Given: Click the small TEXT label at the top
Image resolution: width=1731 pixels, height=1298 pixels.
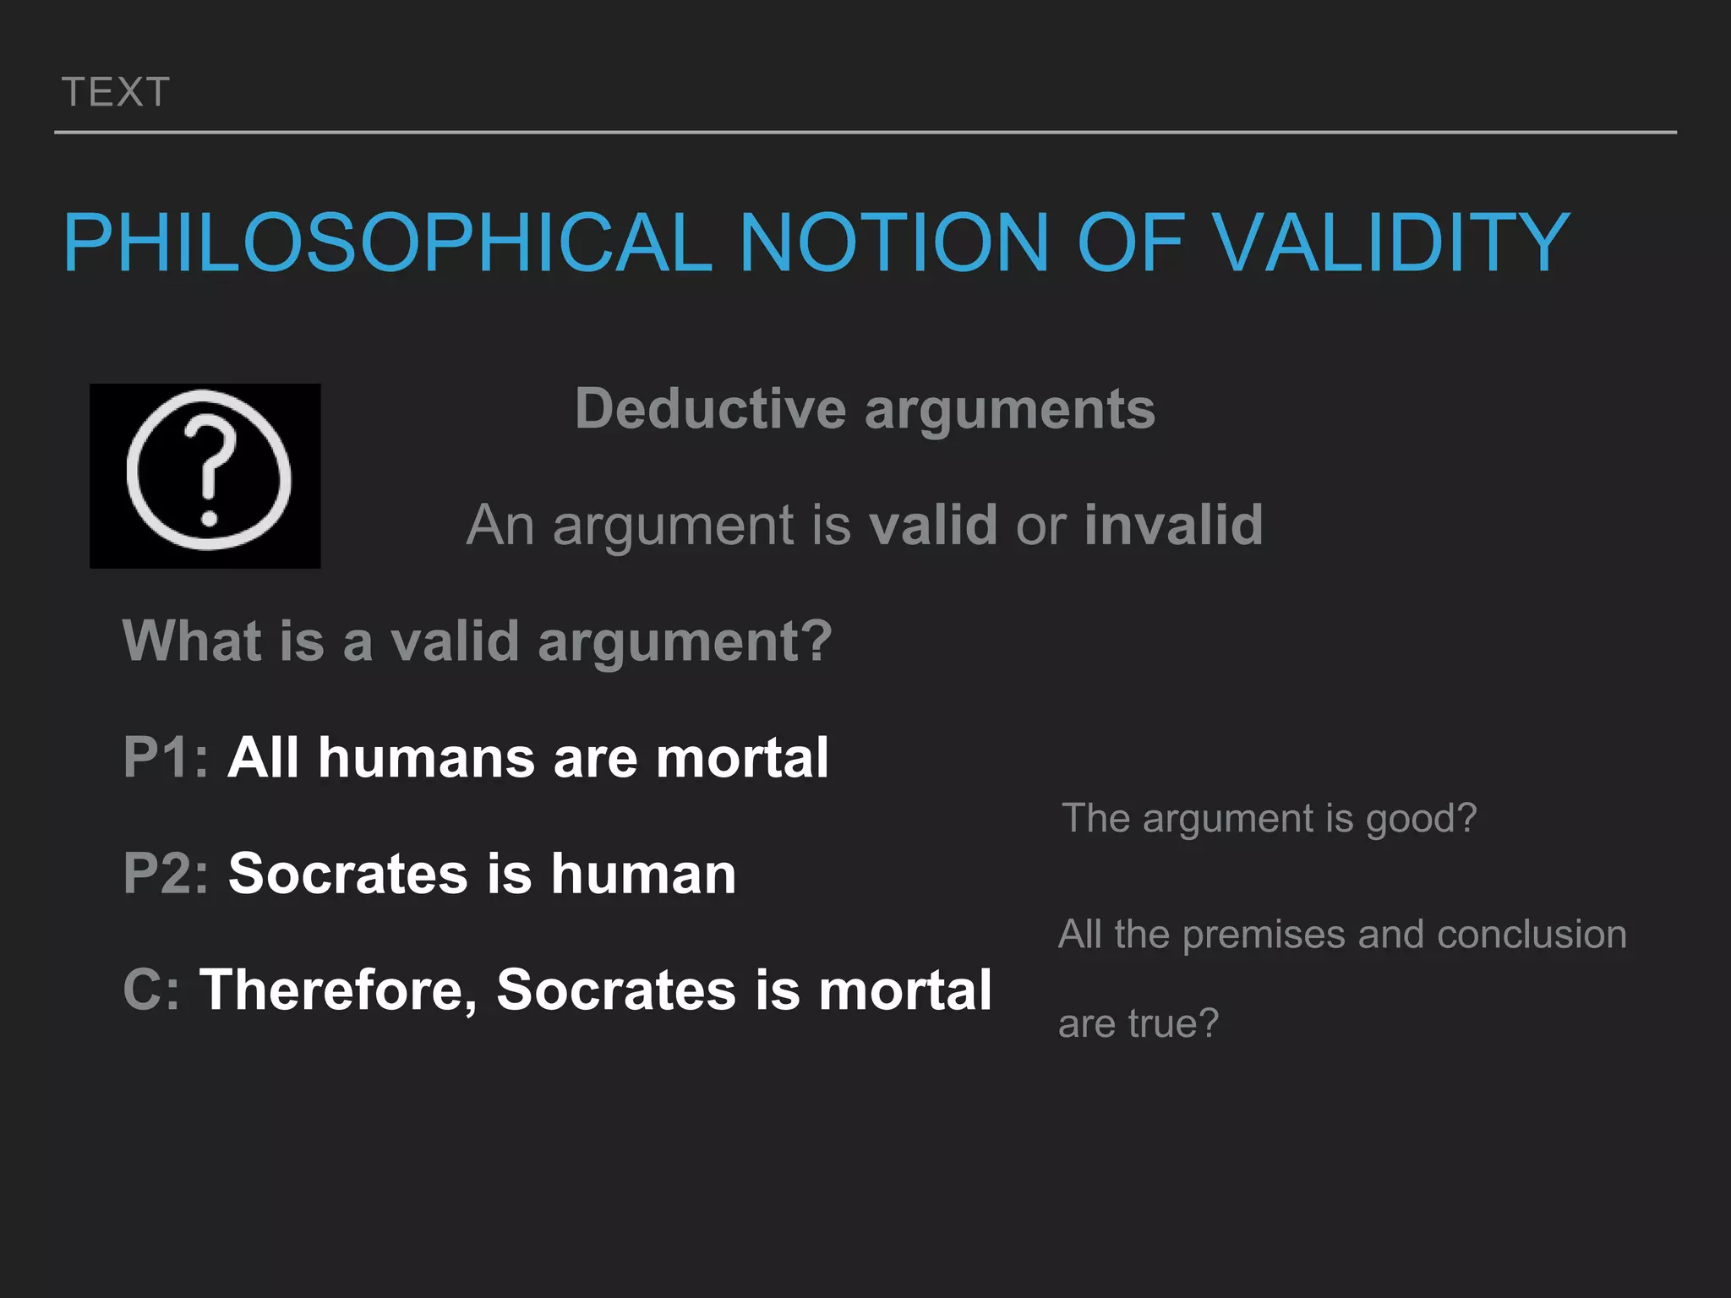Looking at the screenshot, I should point(116,92).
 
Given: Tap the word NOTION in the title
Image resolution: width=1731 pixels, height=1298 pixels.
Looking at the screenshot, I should point(894,243).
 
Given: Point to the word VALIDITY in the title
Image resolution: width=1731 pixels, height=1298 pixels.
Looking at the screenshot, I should point(1391,243).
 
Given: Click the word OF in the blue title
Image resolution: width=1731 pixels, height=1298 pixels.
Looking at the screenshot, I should point(1129,243).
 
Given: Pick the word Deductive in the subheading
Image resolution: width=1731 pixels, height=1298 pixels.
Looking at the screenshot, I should point(710,410).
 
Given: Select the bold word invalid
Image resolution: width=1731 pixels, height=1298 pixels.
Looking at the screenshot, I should point(1173,526).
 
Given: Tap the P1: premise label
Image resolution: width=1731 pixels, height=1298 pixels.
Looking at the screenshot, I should point(166,757).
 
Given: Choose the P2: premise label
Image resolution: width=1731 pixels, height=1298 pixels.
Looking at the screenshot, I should point(166,874).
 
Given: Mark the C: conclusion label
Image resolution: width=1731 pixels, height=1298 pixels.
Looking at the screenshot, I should point(151,990).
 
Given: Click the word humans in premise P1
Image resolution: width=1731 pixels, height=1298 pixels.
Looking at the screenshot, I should point(426,757).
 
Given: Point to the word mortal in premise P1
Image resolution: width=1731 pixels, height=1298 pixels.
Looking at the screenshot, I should point(742,757).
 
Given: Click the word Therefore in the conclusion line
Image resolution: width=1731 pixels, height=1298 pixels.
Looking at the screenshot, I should point(338,990).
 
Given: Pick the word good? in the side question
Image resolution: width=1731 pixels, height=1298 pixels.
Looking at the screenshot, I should point(1421,819).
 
